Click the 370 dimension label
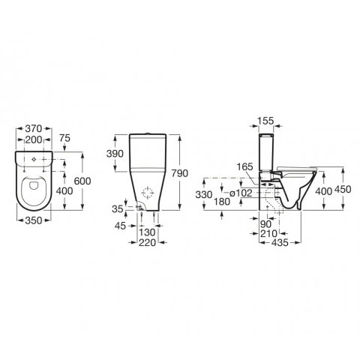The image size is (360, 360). pyautogui.click(x=34, y=128)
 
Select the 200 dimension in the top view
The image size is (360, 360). pyautogui.click(x=34, y=140)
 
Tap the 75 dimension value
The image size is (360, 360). pyautogui.click(x=65, y=138)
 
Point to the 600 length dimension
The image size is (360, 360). pyautogui.click(x=82, y=181)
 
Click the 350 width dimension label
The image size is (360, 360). pyautogui.click(x=34, y=220)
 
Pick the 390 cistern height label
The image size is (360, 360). pyautogui.click(x=115, y=154)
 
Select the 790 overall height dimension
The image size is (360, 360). pyautogui.click(x=179, y=173)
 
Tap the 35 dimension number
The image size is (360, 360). pyautogui.click(x=118, y=209)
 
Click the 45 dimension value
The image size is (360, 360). pyautogui.click(x=120, y=226)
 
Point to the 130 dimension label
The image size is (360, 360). pyautogui.click(x=147, y=232)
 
